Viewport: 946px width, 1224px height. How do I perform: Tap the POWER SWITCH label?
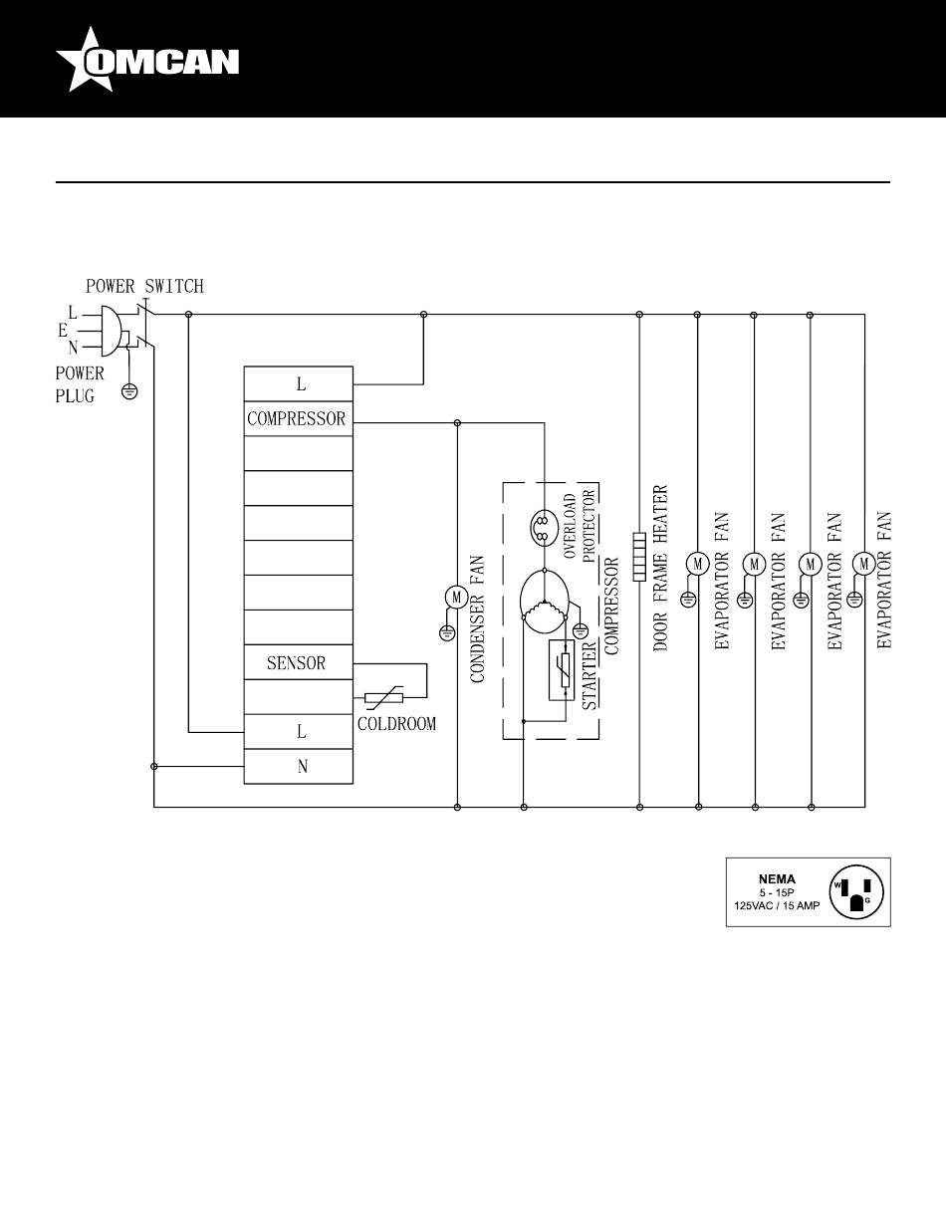tap(144, 286)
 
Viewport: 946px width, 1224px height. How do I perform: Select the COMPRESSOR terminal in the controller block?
tap(298, 418)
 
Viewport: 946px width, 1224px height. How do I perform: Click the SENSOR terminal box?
tap(298, 662)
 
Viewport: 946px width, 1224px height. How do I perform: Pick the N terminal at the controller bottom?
tap(298, 766)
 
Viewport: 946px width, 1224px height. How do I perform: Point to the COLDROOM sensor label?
tap(397, 724)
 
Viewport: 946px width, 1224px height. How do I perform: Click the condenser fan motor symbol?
tap(457, 598)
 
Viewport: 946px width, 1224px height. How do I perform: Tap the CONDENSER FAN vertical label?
tap(477, 619)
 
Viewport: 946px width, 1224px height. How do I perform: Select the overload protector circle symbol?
tap(544, 528)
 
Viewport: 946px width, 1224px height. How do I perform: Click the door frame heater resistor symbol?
tap(639, 557)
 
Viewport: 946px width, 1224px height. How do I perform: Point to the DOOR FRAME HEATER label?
tap(660, 568)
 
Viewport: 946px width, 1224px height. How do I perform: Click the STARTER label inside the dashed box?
tap(589, 676)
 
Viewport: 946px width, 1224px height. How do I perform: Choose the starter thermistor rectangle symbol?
tap(562, 670)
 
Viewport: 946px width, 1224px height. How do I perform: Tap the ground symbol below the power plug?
tap(129, 391)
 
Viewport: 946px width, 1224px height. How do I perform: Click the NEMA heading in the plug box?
tap(777, 878)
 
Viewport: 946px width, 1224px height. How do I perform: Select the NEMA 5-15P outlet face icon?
tap(856, 891)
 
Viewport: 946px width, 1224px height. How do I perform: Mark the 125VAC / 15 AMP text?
tap(777, 905)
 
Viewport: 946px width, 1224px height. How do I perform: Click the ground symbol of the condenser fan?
tap(447, 633)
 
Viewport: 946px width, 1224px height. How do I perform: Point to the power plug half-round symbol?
tap(111, 332)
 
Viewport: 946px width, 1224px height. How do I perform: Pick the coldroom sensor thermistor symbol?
tap(384, 698)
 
